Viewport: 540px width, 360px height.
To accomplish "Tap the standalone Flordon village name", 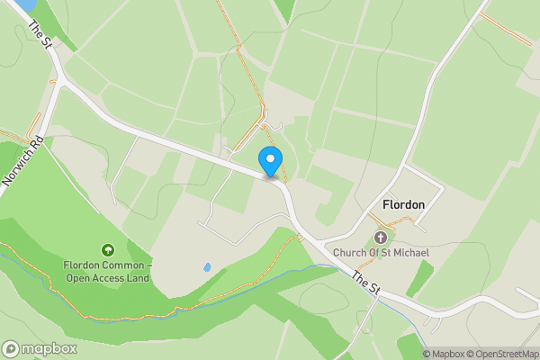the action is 403,205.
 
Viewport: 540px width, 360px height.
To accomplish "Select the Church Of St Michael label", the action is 381,253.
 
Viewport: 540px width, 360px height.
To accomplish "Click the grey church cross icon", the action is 381,238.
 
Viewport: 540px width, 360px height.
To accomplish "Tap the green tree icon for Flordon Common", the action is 108,249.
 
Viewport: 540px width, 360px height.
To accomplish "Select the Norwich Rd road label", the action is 23,160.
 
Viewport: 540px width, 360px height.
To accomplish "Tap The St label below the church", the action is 367,282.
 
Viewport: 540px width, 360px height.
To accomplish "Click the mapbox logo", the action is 40,348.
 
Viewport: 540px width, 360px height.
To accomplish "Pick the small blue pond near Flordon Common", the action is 207,267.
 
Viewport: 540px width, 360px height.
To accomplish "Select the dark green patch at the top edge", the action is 285,9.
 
